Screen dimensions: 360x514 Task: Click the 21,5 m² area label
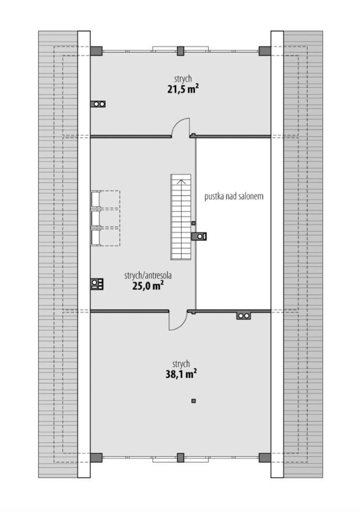(183, 89)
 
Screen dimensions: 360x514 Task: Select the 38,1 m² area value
(181, 374)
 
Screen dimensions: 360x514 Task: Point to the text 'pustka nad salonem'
(234, 196)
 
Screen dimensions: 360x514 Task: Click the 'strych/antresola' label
(148, 276)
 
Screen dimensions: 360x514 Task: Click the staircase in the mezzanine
(181, 217)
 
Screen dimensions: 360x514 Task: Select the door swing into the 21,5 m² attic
(181, 127)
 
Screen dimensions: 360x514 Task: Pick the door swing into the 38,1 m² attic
(178, 320)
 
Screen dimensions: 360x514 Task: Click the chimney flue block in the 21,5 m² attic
(98, 104)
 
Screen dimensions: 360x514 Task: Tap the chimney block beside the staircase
(199, 236)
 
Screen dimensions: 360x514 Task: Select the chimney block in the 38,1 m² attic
(244, 316)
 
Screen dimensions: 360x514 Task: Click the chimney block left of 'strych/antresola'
(97, 284)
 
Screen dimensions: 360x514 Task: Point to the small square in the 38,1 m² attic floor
(194, 401)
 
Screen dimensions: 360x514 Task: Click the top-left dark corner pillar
(96, 51)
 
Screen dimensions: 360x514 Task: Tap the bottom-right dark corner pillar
(265, 458)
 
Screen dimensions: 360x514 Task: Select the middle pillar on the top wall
(180, 51)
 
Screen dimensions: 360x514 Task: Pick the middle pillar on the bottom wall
(180, 458)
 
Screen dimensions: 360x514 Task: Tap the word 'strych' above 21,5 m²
(183, 79)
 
